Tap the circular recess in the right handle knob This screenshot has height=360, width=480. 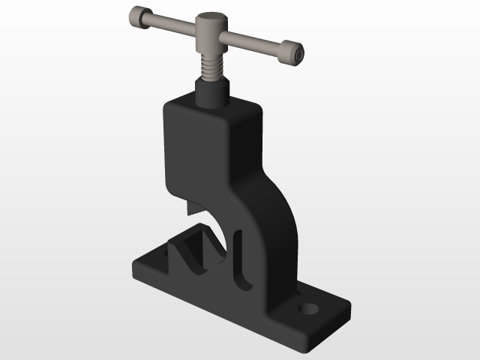tap(299, 55)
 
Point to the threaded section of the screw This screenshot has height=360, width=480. tap(212, 67)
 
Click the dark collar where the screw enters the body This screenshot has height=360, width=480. tap(212, 91)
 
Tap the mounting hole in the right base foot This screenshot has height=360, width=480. tap(308, 307)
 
